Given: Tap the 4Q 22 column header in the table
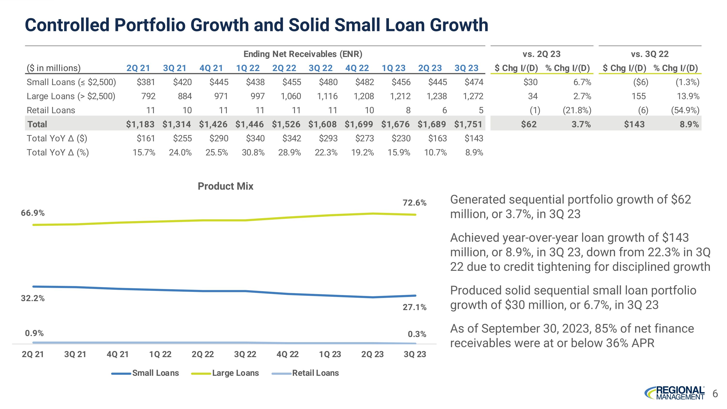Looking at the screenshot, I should point(357,68).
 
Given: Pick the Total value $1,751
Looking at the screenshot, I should point(468,124).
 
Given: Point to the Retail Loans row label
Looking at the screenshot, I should point(51,110).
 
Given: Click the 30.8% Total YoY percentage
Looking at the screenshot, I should point(253,152).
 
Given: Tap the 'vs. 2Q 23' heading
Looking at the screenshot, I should point(541,54).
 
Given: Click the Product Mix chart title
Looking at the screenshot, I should point(226,186).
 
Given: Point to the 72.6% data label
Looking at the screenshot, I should point(414,203).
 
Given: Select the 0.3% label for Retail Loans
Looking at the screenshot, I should point(417,334).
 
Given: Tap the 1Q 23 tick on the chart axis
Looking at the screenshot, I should point(330,354).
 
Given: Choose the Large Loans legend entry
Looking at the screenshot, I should point(235,373).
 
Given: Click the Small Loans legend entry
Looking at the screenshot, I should point(155,373).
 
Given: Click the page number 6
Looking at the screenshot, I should point(715,393).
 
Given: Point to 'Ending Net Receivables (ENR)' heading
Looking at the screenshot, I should point(303,54).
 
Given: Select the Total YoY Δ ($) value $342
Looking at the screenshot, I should point(292,138).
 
